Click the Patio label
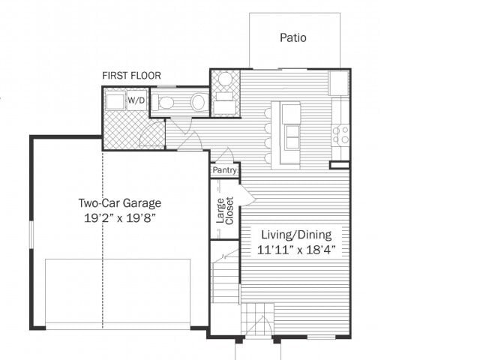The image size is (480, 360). pos(293,37)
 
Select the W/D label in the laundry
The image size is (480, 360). pos(136,100)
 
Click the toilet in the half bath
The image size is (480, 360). pos(166,103)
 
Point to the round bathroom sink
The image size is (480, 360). pos(198,103)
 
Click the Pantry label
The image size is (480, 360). pos(225,171)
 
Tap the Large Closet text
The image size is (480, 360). pos(225,210)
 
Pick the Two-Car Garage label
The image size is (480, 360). pos(120,202)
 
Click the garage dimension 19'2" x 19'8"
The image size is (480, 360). pos(120,217)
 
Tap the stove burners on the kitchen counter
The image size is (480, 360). pos(340,135)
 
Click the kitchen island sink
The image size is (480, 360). pos(291,137)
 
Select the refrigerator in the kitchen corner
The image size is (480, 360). pos(339,82)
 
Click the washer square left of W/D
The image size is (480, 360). pos(115,101)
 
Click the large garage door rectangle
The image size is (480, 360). pos(118,292)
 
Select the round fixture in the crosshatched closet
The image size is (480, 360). pos(225,79)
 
